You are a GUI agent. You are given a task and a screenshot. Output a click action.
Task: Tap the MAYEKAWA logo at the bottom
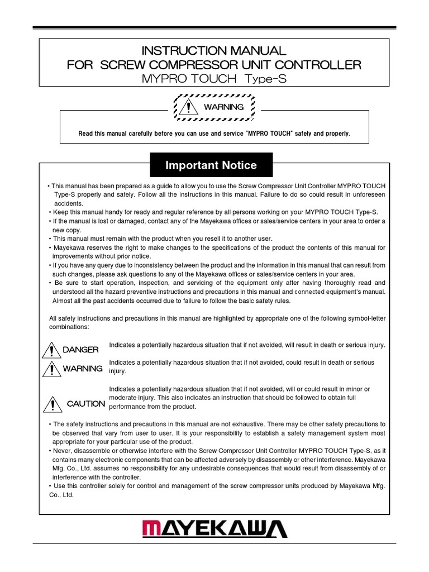pos(214,530)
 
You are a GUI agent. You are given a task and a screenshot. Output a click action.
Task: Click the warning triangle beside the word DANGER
pos(51,350)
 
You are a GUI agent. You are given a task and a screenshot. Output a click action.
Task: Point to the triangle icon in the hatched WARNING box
pos(190,106)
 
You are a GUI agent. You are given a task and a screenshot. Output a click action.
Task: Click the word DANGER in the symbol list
pos(80,350)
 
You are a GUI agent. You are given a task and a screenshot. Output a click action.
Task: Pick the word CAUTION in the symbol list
pos(85,403)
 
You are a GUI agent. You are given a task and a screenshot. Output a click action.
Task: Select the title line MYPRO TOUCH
pos(188,79)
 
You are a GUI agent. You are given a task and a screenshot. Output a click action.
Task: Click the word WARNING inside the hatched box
pos(223,107)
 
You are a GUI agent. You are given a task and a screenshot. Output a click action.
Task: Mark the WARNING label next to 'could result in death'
pos(83,369)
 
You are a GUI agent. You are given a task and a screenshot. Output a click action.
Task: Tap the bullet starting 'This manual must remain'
pos(162,239)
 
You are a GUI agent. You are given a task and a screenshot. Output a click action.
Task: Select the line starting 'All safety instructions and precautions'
pos(217,318)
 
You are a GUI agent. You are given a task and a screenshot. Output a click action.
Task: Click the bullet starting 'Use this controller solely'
pos(218,486)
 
